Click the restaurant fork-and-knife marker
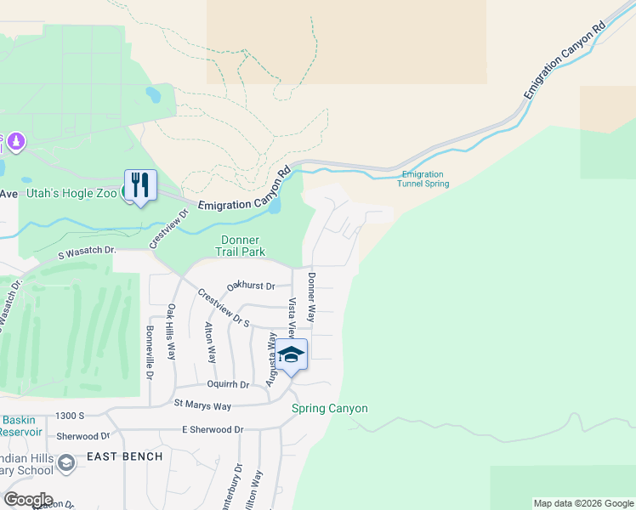coord(140,185)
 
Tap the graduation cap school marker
coord(291,355)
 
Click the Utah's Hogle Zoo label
coord(71,193)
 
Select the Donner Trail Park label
coord(240,246)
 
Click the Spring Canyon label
coord(330,409)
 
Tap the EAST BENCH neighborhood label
coord(124,456)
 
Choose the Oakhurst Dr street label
coord(251,286)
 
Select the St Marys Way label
coord(202,406)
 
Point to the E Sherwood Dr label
coord(213,430)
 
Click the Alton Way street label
coord(209,343)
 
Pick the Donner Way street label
coord(312,297)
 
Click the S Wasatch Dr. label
coord(87,252)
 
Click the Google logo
coord(28,500)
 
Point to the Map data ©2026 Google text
coord(582,503)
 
